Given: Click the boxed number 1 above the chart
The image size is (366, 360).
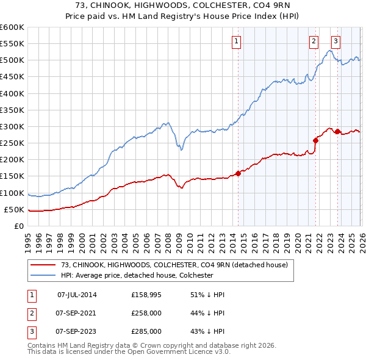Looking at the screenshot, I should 235,41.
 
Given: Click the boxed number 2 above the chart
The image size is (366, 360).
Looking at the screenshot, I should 313,41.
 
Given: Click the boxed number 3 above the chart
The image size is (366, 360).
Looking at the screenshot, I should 335,41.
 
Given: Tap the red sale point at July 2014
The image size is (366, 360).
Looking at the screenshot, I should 238,173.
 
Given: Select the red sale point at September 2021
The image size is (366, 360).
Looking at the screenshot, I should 316,140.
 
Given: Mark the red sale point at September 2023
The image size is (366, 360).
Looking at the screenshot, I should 337,132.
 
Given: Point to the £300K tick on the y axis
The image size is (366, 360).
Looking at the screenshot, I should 12,126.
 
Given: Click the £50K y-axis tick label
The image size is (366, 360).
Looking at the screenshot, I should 14,209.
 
